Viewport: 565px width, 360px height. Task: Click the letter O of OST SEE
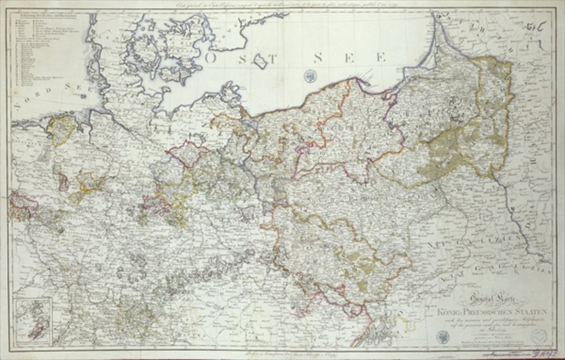[210, 56]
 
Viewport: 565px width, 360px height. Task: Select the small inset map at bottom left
[33, 320]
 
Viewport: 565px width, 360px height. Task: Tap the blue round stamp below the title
[442, 336]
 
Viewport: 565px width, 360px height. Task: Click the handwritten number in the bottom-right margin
[544, 350]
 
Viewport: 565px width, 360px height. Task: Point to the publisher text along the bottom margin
[287, 352]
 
